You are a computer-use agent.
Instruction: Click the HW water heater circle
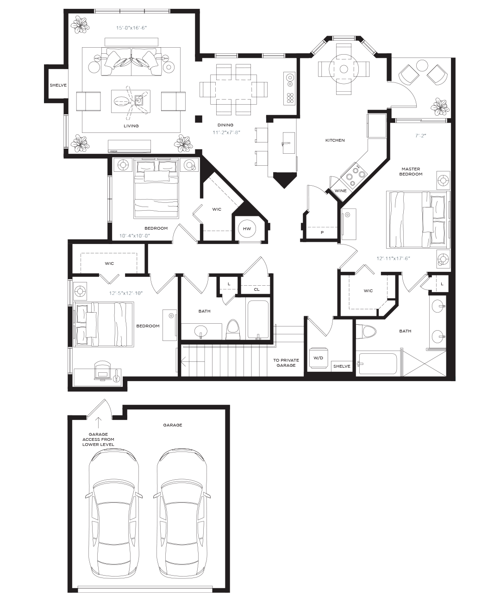click(247, 229)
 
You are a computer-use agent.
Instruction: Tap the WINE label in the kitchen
click(340, 191)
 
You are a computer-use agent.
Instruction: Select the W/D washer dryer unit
click(318, 358)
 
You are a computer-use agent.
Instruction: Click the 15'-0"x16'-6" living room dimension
click(131, 28)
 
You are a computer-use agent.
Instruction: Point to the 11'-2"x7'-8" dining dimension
click(226, 132)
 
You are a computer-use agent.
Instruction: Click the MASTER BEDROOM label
click(411, 171)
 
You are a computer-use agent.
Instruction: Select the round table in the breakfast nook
click(343, 69)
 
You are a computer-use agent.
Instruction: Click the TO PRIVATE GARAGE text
click(286, 363)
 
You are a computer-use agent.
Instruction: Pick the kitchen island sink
click(289, 143)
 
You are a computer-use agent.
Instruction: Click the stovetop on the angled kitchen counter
click(354, 174)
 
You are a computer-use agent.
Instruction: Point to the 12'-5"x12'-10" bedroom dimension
click(125, 293)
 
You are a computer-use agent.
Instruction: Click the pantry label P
click(322, 232)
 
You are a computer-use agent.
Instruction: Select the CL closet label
click(256, 289)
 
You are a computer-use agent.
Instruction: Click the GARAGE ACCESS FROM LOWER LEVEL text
click(98, 439)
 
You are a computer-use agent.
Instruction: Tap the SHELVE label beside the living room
click(58, 85)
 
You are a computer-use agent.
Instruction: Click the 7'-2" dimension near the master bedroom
click(421, 136)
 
